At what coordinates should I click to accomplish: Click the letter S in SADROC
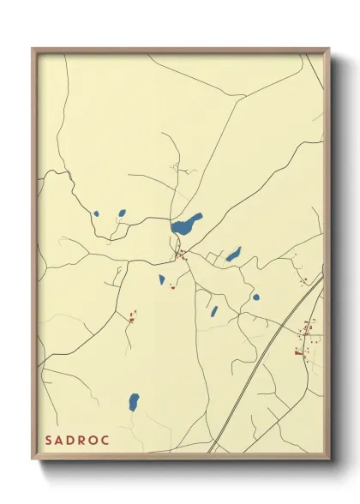point(49,440)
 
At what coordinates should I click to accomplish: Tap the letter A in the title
point(61,440)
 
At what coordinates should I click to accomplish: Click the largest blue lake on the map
point(187,225)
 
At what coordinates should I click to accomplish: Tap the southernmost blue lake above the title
point(134,401)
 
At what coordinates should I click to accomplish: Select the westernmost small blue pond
point(97,214)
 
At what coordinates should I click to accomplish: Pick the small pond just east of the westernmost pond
point(122,213)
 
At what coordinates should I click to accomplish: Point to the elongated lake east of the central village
point(233,255)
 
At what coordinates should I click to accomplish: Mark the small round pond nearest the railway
point(255,297)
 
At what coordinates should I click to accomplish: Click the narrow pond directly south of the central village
point(161,279)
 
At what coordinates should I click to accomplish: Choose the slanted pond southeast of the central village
point(214,311)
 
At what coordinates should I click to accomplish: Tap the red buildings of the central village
point(181,254)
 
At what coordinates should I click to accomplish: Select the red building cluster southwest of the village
point(133,317)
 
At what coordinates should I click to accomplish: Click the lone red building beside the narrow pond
point(172,287)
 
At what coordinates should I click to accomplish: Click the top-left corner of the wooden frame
point(33,49)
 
